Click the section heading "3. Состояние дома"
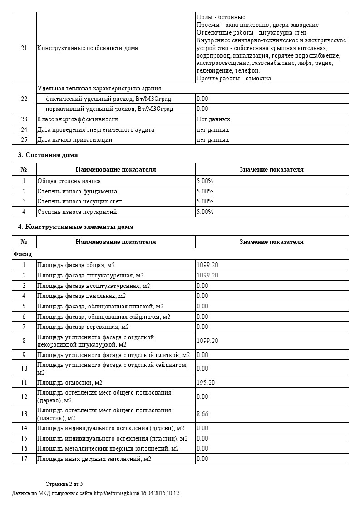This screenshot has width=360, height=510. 48,155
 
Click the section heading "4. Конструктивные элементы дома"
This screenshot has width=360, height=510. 75,227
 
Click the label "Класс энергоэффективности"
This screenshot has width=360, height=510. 77,119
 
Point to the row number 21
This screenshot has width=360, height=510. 24,48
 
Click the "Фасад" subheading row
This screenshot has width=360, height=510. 23,253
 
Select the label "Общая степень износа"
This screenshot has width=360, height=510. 69,181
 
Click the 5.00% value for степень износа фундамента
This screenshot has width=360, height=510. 205,191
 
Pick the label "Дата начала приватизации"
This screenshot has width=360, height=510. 74,139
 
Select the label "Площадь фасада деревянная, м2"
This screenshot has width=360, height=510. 83,327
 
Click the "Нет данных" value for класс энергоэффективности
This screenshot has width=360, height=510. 213,119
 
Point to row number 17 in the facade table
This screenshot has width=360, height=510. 24,459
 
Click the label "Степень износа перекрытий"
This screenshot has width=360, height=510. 77,212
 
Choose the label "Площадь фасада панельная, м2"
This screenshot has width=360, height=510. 82,296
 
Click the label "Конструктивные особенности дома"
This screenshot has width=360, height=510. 87,48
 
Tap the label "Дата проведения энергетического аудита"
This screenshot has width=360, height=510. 95,129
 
